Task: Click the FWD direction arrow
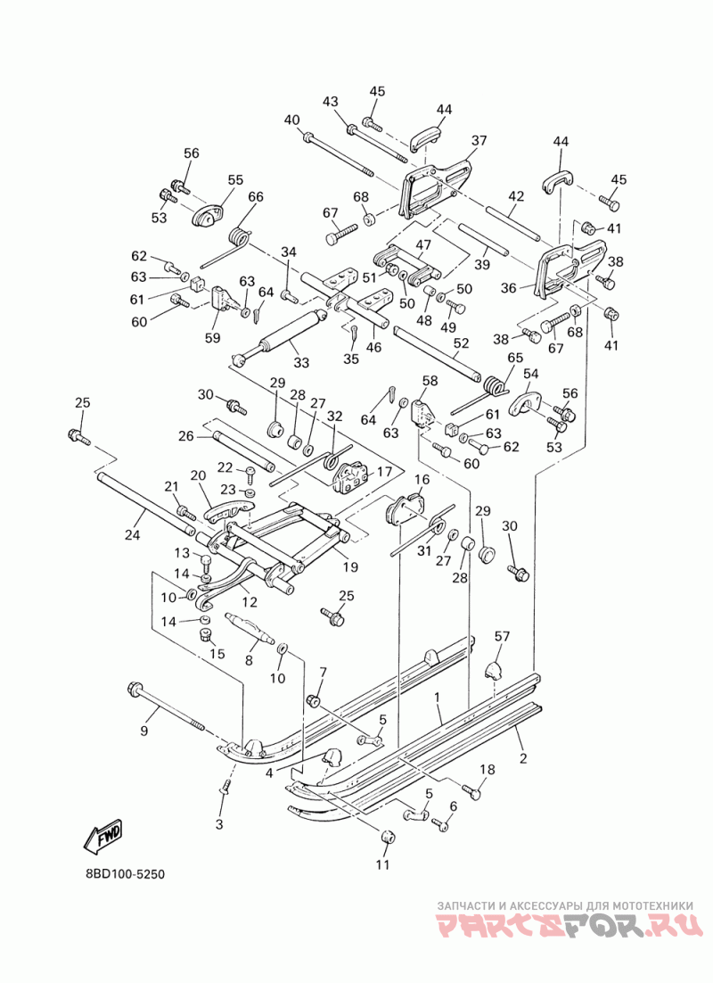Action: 104,836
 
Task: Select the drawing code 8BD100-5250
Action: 125,873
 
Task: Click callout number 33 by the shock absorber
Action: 301,363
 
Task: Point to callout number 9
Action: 144,731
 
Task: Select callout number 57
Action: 502,636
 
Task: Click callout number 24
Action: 132,534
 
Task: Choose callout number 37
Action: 479,140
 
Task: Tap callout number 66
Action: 256,196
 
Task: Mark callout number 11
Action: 383,864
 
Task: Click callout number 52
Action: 461,343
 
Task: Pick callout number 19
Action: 350,567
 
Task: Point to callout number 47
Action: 423,244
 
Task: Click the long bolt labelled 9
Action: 166,706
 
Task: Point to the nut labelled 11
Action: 386,837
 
